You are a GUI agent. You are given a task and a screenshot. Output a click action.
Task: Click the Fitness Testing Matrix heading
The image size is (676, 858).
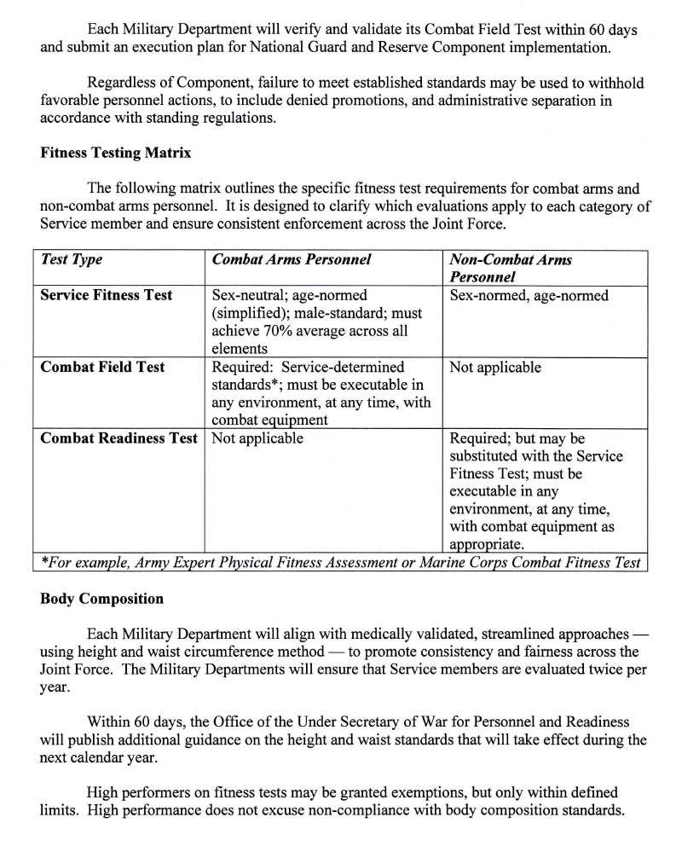point(115,154)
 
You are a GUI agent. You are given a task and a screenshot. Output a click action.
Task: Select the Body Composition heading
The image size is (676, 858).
point(101,599)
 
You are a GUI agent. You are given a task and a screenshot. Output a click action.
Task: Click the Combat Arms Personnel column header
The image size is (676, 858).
point(292,260)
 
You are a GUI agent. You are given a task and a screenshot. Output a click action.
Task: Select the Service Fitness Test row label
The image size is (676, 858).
point(107,295)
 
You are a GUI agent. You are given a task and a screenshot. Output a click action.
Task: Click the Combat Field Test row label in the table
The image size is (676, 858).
point(102,368)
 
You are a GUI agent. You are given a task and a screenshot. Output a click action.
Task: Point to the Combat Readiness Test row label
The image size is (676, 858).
point(119,438)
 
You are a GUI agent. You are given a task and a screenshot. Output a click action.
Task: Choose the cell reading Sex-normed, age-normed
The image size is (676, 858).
point(529,295)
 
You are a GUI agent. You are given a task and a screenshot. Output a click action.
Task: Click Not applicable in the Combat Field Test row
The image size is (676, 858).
point(494,368)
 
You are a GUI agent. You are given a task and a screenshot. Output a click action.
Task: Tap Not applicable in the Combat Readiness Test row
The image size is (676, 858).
point(257,438)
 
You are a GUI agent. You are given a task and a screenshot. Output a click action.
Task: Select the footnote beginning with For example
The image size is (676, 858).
point(341,563)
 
